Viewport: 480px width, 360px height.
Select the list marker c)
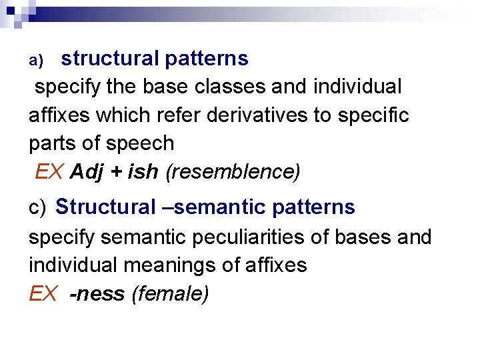click(x=37, y=208)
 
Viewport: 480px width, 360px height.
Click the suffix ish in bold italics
click(x=143, y=173)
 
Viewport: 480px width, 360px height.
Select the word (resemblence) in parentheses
click(x=233, y=173)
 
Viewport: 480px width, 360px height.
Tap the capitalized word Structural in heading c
click(x=105, y=207)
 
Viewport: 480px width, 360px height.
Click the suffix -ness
click(x=97, y=294)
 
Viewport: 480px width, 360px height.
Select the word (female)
click(x=171, y=294)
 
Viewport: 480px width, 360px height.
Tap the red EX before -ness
click(x=43, y=294)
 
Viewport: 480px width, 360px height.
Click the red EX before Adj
click(x=49, y=173)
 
